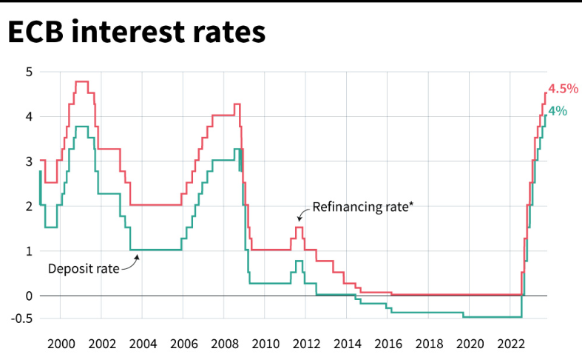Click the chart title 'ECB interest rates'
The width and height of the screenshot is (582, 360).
136,33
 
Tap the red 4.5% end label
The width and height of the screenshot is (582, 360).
562,89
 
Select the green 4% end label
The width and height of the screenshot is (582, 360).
558,112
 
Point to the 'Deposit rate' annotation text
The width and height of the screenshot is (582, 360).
83,268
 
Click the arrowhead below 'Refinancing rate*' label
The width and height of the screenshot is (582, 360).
300,218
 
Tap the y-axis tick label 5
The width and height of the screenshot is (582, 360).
28,72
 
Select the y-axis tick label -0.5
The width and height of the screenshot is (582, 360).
22,319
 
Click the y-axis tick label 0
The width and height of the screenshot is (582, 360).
28,296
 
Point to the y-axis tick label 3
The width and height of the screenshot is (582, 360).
28,161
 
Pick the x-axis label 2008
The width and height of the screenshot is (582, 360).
224,344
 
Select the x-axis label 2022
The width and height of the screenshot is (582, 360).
512,344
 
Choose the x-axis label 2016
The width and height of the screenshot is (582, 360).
388,344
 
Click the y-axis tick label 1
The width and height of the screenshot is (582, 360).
28,251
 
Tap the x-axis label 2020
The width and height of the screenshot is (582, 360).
470,344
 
